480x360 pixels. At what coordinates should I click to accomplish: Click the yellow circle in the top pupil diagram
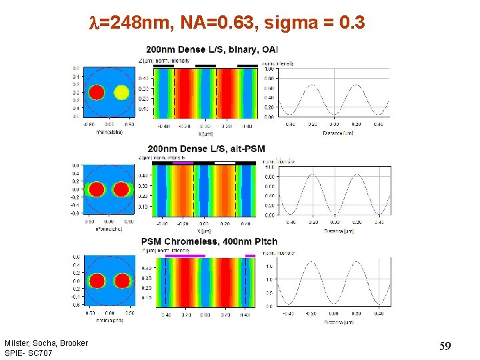coord(121,92)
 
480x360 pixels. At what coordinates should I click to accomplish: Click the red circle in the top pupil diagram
coord(97,92)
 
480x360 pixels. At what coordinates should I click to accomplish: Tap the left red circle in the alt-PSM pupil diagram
coord(97,189)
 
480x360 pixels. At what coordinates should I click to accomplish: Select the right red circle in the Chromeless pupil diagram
coord(121,281)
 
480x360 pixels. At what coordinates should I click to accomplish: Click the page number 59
coord(446,346)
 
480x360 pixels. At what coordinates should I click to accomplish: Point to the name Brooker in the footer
coord(73,343)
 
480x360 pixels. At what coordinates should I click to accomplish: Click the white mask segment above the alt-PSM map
coord(225,162)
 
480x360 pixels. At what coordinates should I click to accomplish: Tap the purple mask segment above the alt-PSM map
coord(183,162)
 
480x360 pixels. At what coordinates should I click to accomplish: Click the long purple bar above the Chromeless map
coord(185,255)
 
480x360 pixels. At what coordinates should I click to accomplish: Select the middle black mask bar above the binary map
coord(205,66)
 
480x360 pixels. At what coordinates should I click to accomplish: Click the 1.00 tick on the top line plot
coord(269,69)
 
